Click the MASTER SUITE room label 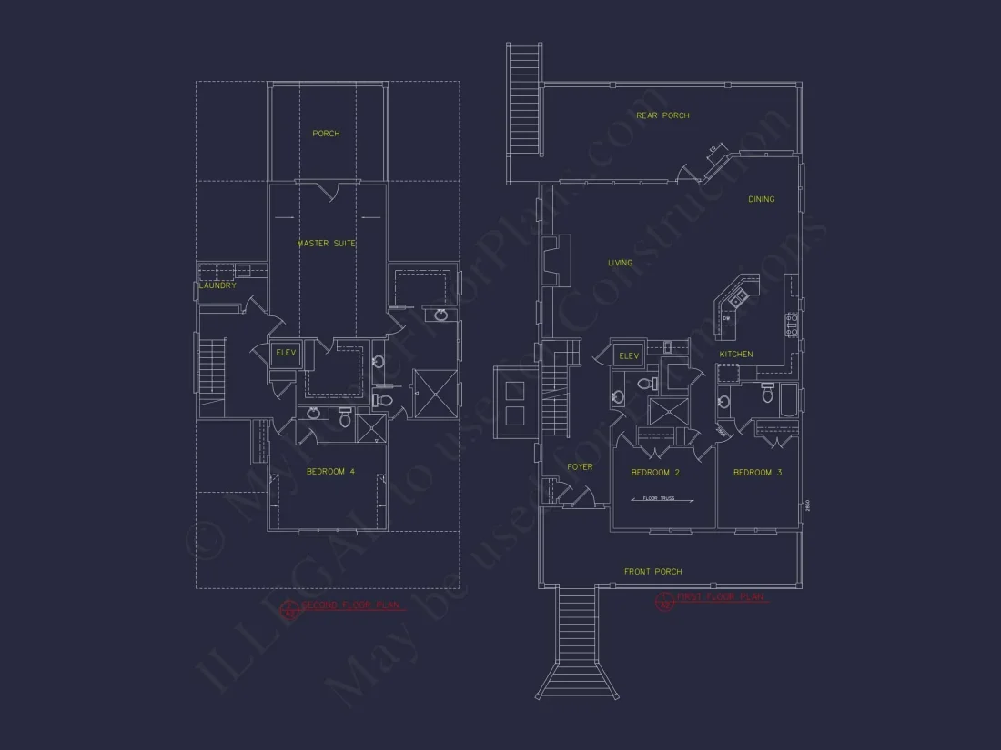tap(326, 244)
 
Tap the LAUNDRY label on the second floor tap(217, 285)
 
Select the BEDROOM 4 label tap(330, 471)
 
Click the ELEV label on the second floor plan tap(286, 352)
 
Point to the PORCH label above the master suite tap(326, 134)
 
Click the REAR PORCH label tap(662, 115)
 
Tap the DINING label tap(762, 199)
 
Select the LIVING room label tap(620, 263)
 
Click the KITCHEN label tap(736, 354)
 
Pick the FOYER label tap(580, 467)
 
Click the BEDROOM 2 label tap(655, 473)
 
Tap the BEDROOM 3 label tap(757, 473)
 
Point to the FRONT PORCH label tap(652, 572)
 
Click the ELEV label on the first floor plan tap(629, 355)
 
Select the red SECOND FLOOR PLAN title tap(346, 605)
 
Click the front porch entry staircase tap(577, 641)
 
